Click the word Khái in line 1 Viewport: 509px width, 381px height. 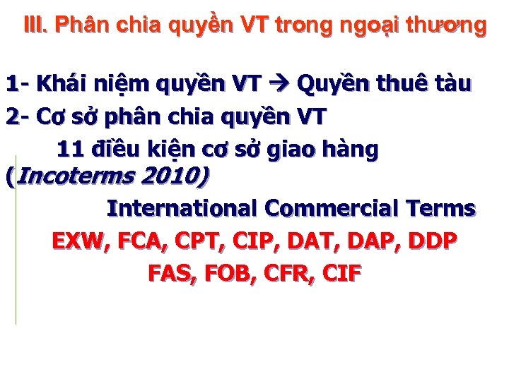[x=60, y=85]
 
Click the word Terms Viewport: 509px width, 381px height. [x=441, y=209]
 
